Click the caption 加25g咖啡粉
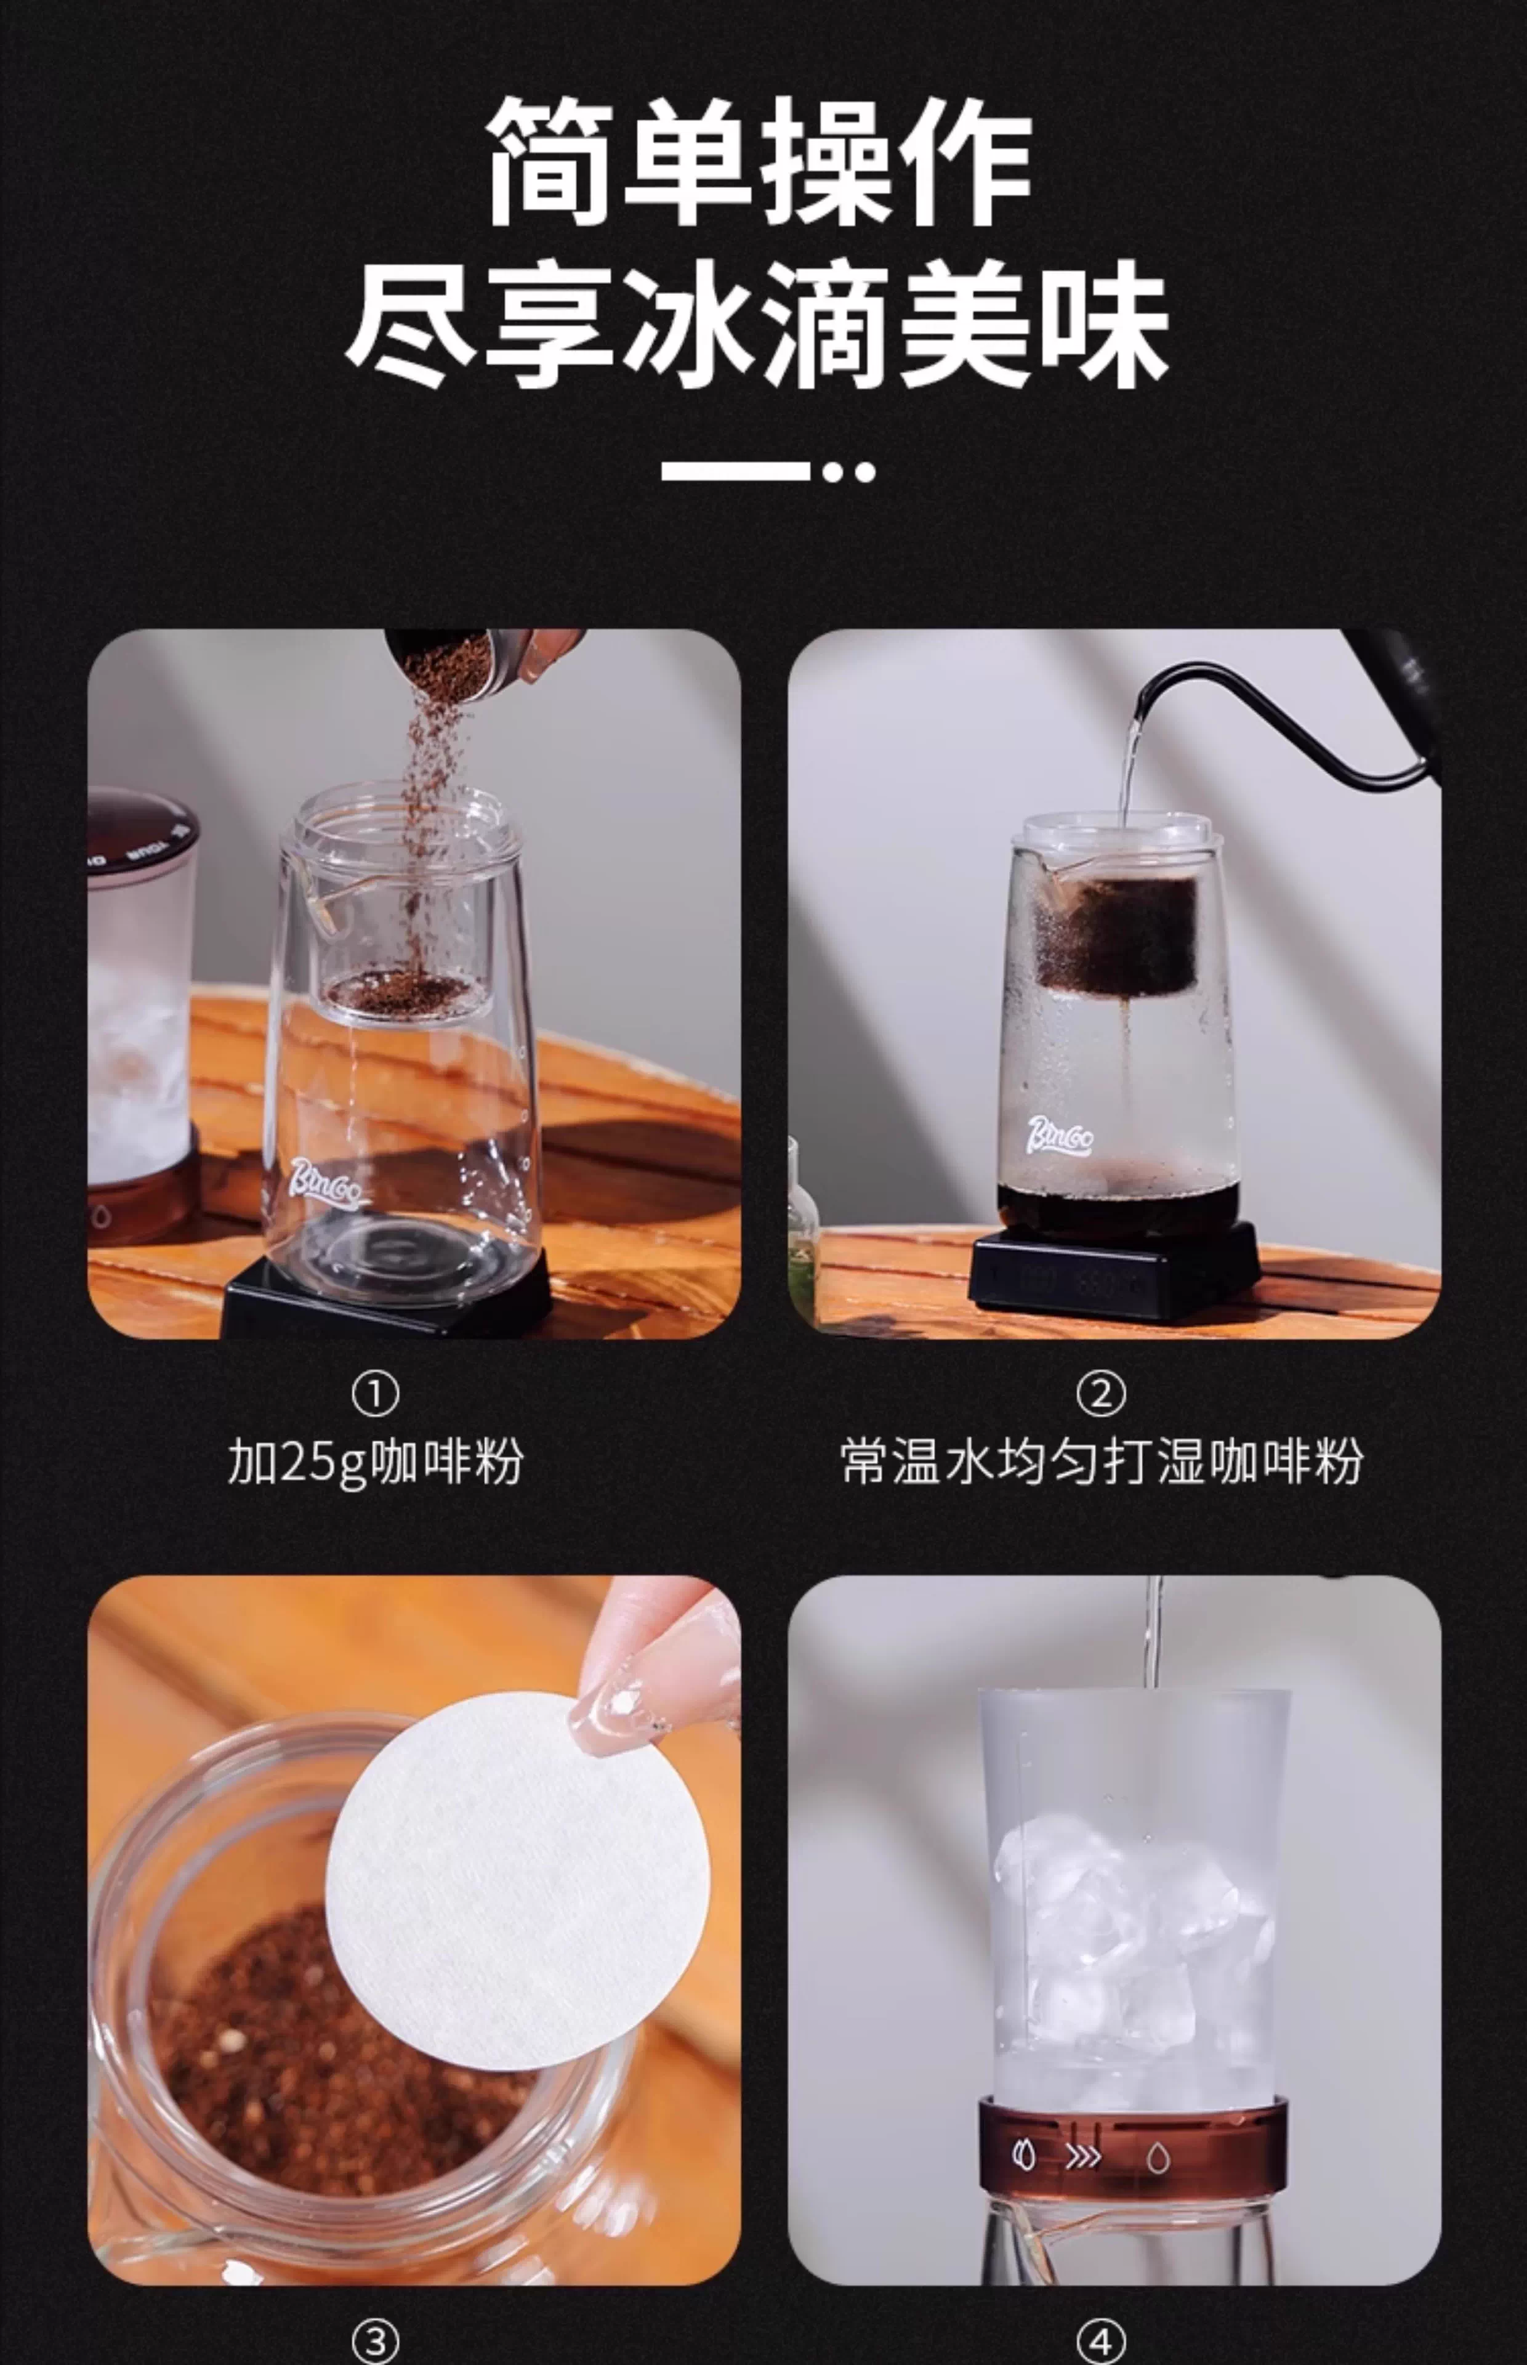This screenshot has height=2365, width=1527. point(376,1463)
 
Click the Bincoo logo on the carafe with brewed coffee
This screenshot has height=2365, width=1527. point(1060,1136)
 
